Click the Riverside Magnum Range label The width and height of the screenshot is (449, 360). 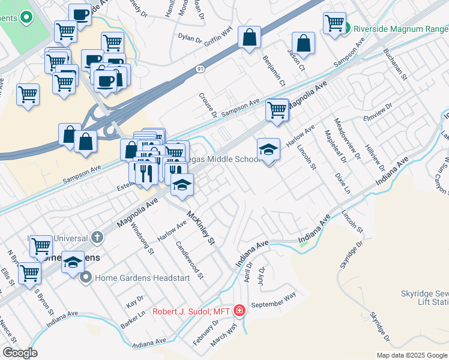pyautogui.click(x=400, y=28)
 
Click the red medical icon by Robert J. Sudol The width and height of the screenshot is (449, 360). pyautogui.click(x=240, y=311)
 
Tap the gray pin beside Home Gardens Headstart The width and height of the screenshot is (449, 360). pyautogui.click(x=86, y=278)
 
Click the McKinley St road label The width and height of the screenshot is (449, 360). pyautogui.click(x=200, y=227)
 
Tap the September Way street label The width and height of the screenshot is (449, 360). pyautogui.click(x=274, y=300)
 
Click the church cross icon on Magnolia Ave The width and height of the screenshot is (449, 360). pyautogui.click(x=97, y=237)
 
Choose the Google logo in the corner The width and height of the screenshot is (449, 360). pyautogui.click(x=19, y=353)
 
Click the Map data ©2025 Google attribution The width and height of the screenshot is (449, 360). pyautogui.click(x=411, y=355)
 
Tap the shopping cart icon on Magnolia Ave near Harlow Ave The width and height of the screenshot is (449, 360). pyautogui.click(x=277, y=110)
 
